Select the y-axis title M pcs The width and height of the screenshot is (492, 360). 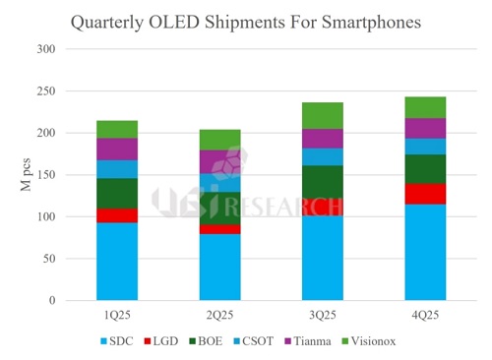28,175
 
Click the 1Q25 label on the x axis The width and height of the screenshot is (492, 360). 116,317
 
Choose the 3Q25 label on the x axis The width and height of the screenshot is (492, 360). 322,317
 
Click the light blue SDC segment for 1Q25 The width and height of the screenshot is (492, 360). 116,261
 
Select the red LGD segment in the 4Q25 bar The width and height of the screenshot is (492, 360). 425,194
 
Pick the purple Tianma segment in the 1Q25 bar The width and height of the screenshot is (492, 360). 116,149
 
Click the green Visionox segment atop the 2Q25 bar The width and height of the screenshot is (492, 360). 219,140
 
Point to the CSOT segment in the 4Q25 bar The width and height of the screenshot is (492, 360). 425,146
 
